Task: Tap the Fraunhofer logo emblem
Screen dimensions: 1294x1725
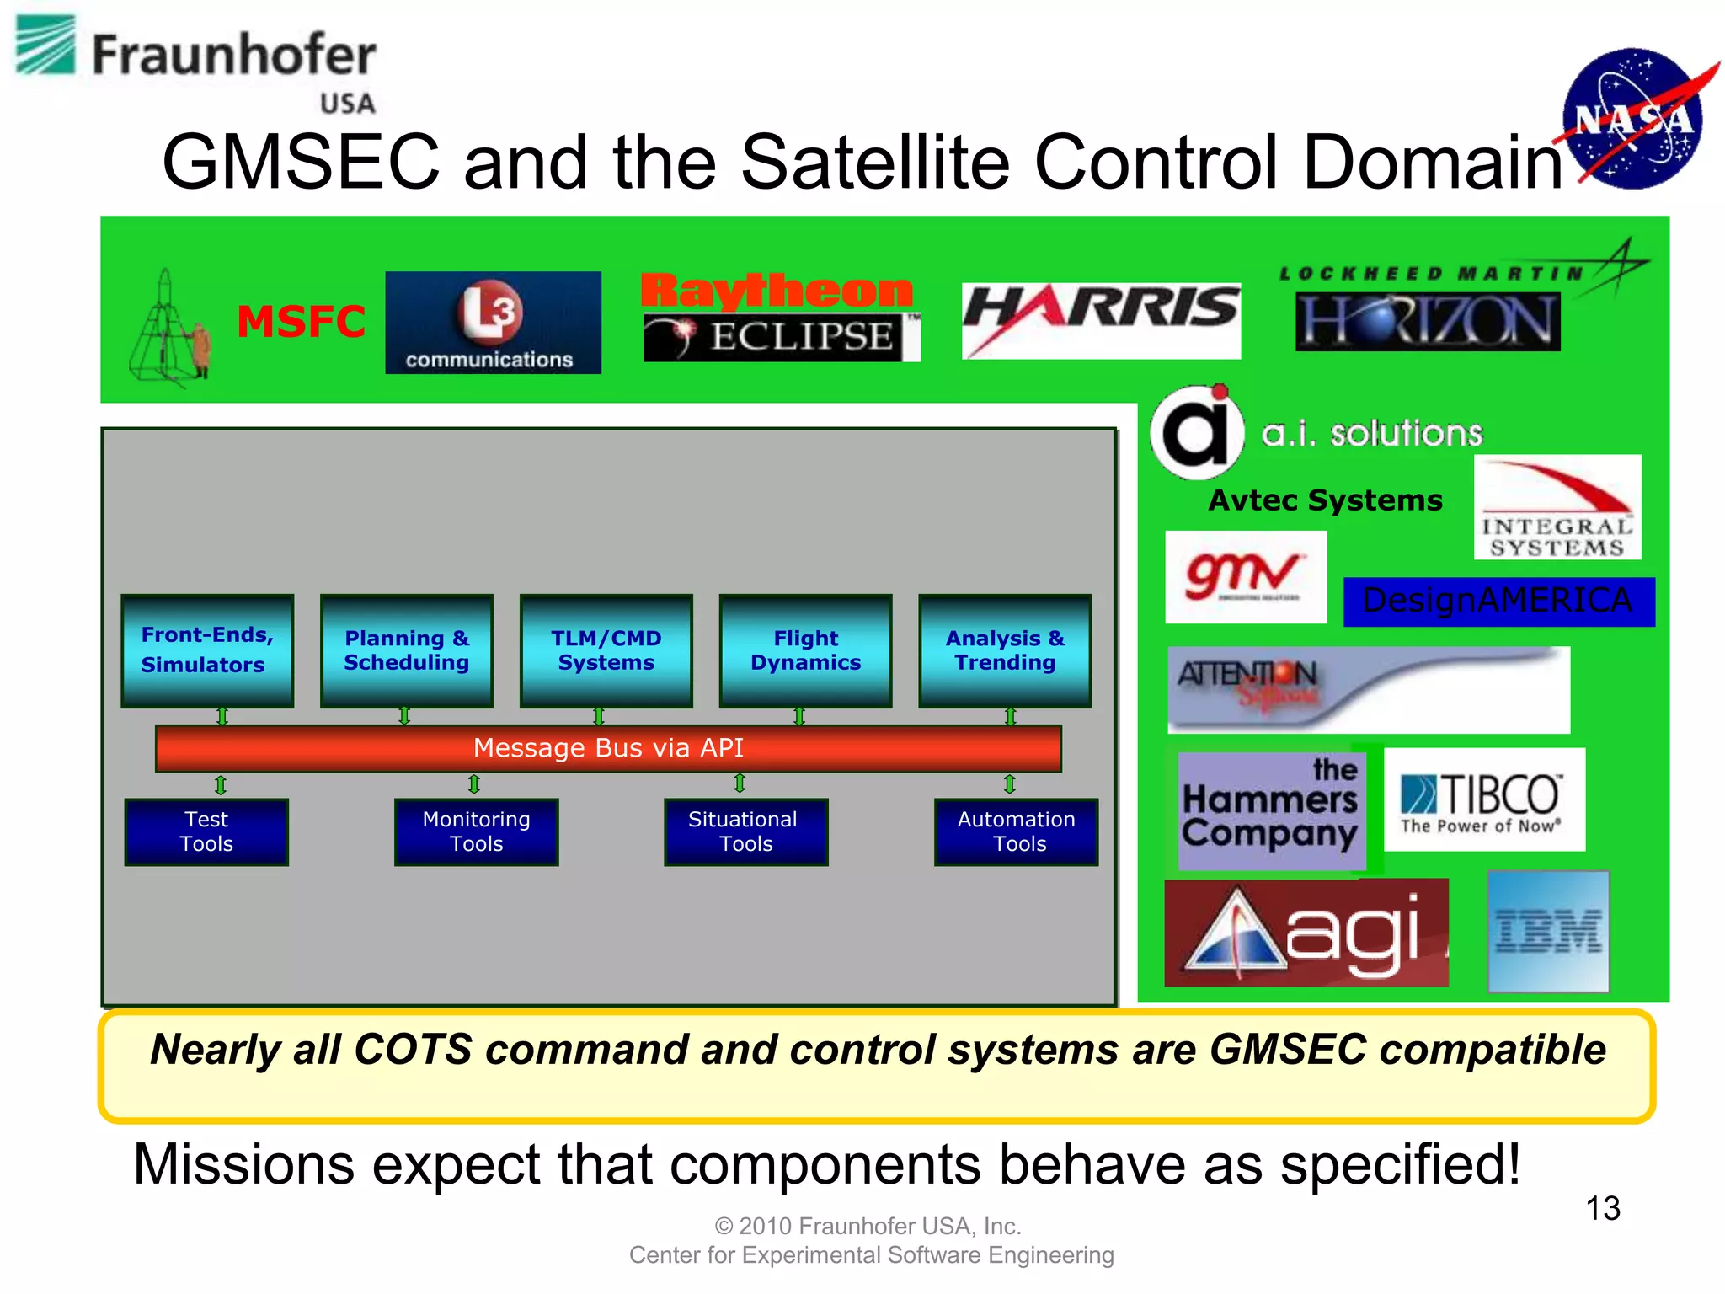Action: coord(46,46)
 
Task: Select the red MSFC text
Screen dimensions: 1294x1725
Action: coord(301,322)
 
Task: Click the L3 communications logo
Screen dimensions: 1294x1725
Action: coord(493,323)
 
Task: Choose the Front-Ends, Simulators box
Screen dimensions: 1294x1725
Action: coord(207,650)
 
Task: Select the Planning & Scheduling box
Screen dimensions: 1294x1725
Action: coord(407,650)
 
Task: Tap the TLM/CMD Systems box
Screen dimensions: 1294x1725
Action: coord(606,650)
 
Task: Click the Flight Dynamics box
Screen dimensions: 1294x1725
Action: coord(805,650)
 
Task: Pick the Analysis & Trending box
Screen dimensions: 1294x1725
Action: coord(1005,650)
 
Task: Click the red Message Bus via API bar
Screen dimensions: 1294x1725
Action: coord(608,748)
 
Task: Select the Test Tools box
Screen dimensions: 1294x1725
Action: coord(206,831)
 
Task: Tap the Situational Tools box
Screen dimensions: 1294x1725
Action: coord(745,831)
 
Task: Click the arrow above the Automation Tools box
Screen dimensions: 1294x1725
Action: coord(1009,785)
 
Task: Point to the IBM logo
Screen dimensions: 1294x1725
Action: coord(1548,932)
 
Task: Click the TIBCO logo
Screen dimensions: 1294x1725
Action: coord(1484,799)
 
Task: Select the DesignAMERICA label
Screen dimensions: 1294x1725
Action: coord(1498,602)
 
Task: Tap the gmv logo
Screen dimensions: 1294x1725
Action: coord(1245,577)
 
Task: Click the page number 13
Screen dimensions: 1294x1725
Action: coord(1602,1209)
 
